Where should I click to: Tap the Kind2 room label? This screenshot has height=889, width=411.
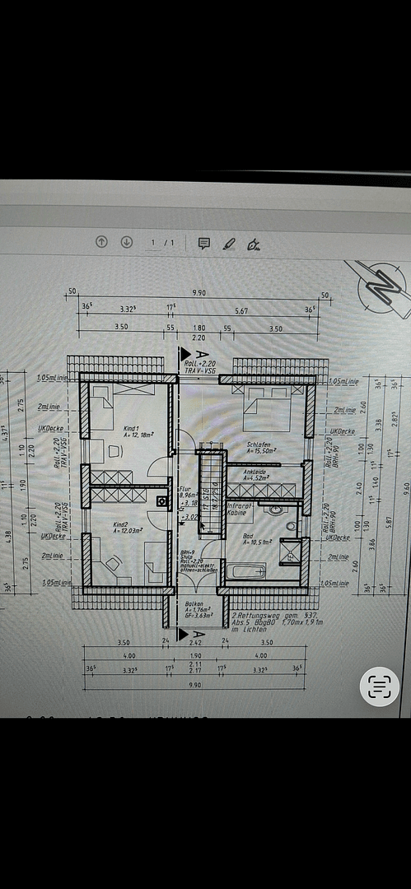[124, 524]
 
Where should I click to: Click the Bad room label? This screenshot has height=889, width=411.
[248, 536]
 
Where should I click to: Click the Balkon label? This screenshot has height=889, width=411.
[194, 603]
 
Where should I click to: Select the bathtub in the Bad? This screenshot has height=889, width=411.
[248, 571]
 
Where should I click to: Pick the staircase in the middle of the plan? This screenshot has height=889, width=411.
[211, 494]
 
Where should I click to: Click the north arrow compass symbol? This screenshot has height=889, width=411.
[381, 289]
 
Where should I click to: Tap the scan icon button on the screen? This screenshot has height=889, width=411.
[379, 687]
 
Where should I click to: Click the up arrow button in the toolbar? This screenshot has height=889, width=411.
[101, 243]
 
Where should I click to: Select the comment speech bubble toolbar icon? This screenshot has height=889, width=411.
[203, 243]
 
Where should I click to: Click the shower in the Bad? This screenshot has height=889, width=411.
[291, 551]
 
